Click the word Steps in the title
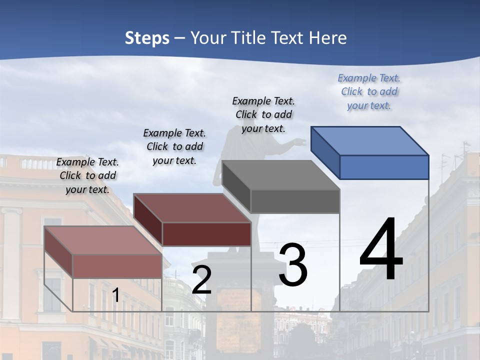pyautogui.click(x=147, y=38)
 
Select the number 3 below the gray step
pyautogui.click(x=293, y=265)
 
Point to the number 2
pyautogui.click(x=201, y=280)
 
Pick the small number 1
pyautogui.click(x=115, y=295)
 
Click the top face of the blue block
pyautogui.click(x=369, y=140)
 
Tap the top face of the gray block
pyautogui.click(x=280, y=175)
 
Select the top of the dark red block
pyautogui.click(x=192, y=208)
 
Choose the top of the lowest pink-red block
pyautogui.click(x=103, y=240)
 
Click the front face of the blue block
pyautogui.click(x=384, y=167)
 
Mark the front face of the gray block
pyautogui.click(x=295, y=201)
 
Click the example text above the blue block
pyautogui.click(x=369, y=92)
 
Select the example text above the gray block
pyautogui.click(x=263, y=115)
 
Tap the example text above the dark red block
pyautogui.click(x=174, y=147)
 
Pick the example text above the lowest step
pyautogui.click(x=87, y=176)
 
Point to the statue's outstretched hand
pyautogui.click(x=299, y=143)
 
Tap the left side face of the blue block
pyautogui.click(x=325, y=152)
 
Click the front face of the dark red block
pyautogui.click(x=206, y=234)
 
